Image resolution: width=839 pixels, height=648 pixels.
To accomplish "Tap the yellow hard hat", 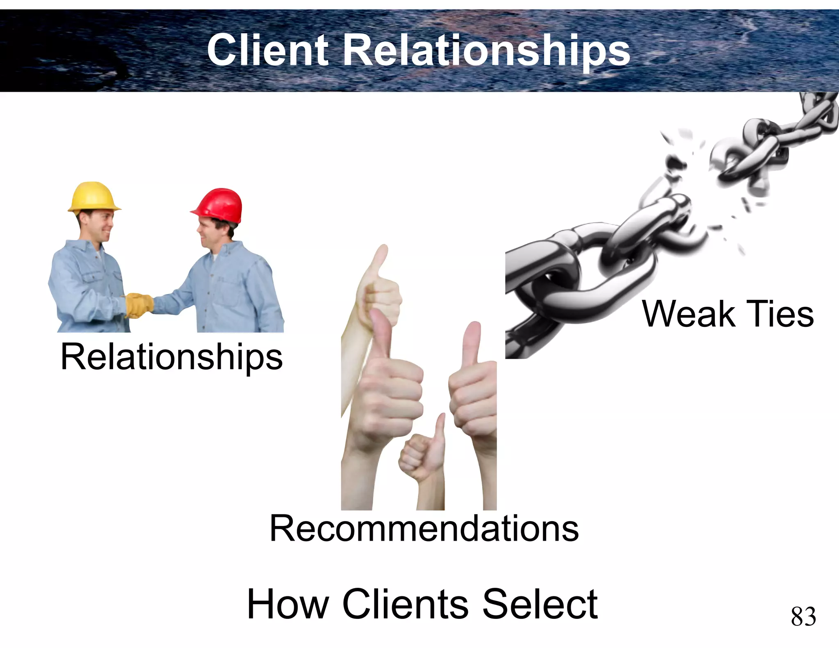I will coord(94,197).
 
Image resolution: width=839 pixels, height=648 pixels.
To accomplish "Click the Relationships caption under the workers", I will coord(171,357).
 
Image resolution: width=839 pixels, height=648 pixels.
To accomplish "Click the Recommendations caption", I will coord(424,529).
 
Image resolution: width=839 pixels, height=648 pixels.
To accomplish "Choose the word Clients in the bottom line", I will coord(406,604).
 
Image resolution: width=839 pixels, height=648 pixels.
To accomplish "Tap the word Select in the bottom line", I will coord(540,604).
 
